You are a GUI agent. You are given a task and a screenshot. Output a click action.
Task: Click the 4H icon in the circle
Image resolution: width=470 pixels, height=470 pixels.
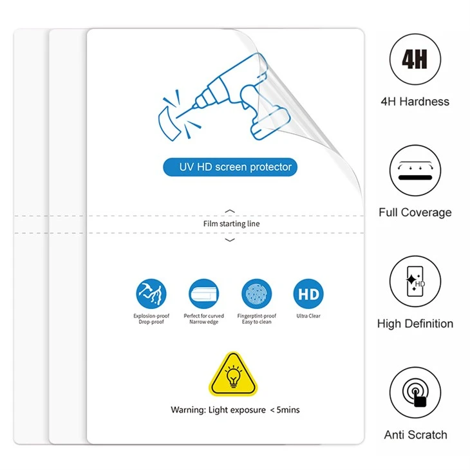[415, 59]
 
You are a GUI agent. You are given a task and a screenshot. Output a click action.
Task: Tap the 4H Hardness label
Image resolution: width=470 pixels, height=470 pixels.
[415, 102]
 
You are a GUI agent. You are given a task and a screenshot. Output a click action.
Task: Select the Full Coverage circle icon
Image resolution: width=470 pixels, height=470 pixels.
[415, 170]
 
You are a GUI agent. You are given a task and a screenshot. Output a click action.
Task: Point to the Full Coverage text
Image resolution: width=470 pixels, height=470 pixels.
[415, 212]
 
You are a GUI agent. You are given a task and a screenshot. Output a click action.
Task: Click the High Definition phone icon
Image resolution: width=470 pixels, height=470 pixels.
[415, 281]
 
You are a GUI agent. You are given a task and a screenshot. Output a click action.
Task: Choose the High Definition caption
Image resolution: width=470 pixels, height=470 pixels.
[415, 324]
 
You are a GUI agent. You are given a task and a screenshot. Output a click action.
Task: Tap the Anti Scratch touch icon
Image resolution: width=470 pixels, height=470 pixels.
[415, 392]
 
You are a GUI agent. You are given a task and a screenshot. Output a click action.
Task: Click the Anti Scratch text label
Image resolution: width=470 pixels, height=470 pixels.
[415, 435]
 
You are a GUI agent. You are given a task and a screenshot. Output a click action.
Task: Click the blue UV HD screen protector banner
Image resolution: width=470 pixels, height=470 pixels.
[230, 167]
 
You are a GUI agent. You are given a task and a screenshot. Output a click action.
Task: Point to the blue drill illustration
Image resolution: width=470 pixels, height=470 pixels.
[224, 97]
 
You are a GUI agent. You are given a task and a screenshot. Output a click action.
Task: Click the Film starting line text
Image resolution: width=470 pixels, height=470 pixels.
[231, 223]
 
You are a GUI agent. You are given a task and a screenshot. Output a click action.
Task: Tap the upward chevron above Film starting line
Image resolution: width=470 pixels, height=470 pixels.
[230, 211]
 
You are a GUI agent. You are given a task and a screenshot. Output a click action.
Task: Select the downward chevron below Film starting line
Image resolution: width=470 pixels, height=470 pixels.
[230, 240]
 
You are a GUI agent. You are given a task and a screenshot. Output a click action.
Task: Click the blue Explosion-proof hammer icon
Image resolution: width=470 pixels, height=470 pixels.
[151, 294]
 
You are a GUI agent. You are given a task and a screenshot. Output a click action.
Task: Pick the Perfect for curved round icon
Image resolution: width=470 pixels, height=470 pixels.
[204, 294]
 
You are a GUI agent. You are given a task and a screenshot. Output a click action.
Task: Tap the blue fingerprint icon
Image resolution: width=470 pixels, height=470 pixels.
[257, 294]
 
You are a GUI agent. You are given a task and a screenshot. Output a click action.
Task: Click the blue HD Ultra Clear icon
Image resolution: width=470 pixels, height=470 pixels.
[308, 294]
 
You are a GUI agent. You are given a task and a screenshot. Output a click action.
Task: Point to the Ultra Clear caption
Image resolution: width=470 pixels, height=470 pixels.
[308, 316]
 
